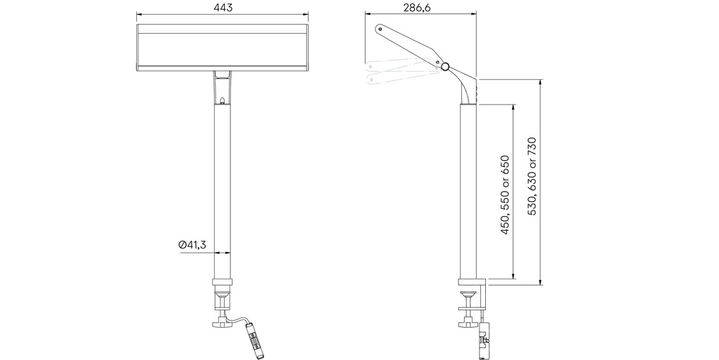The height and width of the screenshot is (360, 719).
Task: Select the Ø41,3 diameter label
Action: point(192,244)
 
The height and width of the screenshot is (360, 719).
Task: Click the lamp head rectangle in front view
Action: point(222,48)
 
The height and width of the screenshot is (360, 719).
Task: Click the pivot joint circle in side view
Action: point(445,67)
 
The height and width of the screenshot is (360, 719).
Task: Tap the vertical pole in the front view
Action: point(223,189)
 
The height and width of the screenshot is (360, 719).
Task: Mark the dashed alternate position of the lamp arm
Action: point(400,72)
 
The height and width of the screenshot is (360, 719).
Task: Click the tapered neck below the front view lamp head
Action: point(222,88)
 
